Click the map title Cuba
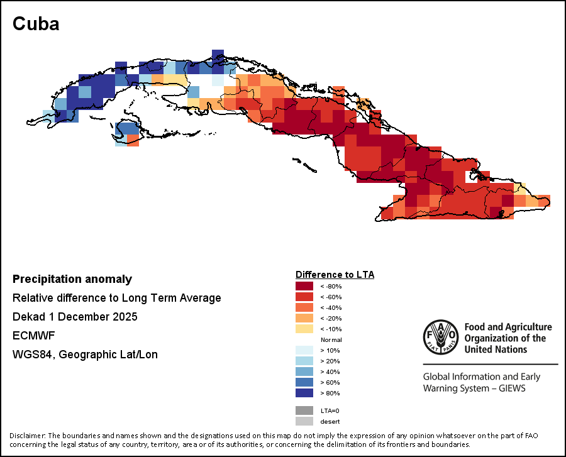click(36, 24)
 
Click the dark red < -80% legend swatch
click(304, 286)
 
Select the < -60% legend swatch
click(304, 297)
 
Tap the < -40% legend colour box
click(304, 307)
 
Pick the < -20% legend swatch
click(304, 318)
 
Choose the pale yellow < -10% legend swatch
click(304, 329)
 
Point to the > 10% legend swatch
click(304, 350)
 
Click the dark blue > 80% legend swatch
click(304, 393)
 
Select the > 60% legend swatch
click(304, 382)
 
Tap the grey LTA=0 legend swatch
click(304, 410)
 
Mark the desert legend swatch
click(304, 421)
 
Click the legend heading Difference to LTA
click(335, 275)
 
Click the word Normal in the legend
click(331, 339)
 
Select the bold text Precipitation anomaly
click(72, 279)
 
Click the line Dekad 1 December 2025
click(75, 316)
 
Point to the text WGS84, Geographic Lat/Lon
click(85, 355)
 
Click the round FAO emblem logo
click(440, 338)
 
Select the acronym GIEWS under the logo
click(508, 388)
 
